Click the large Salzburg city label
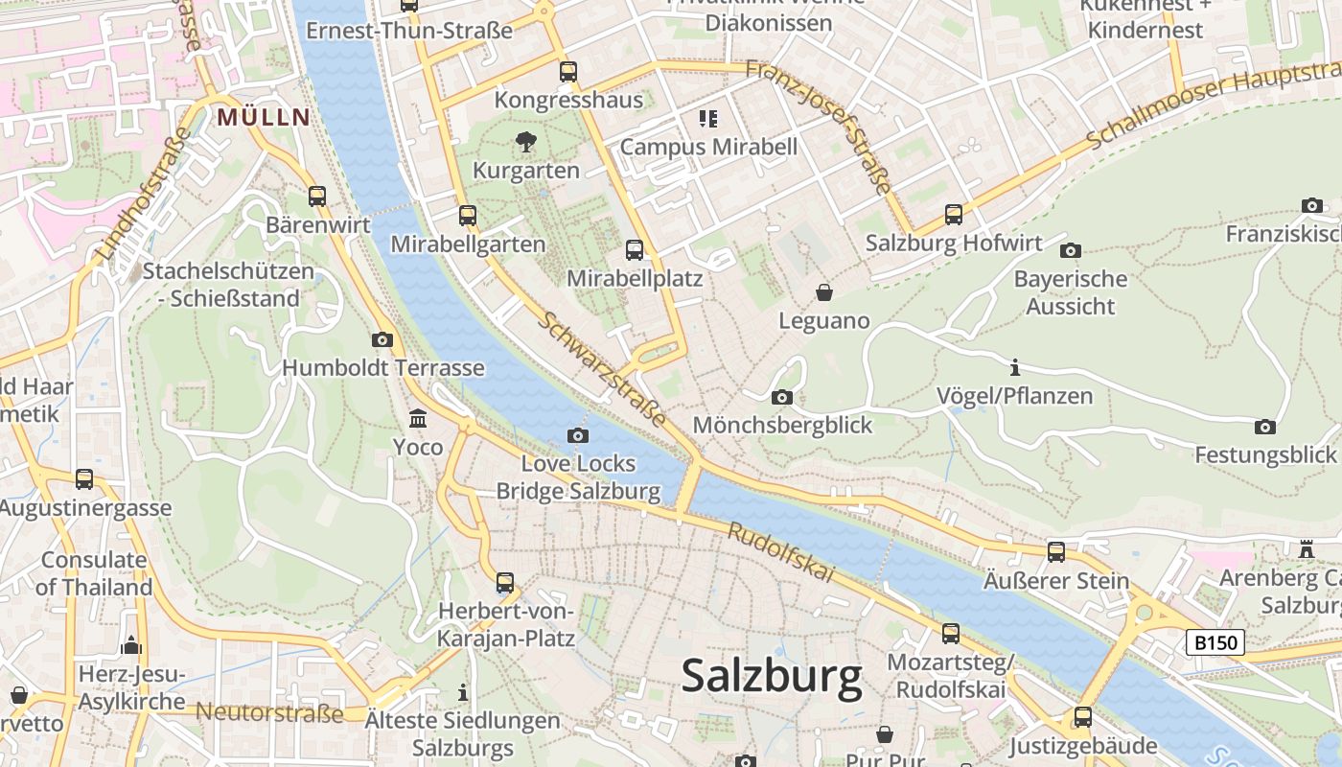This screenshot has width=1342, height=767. tap(772, 677)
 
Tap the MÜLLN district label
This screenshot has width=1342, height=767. tap(264, 118)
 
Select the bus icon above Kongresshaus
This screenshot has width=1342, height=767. tap(568, 72)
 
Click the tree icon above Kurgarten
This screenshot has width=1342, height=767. tap(525, 143)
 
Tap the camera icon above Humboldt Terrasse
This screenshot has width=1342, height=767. tap(382, 339)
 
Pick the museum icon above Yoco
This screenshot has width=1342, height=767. tap(418, 419)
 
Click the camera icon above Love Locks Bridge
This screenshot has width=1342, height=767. tap(577, 435)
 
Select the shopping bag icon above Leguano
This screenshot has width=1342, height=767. tap(823, 292)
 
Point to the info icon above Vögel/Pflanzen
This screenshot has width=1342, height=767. tap(1014, 367)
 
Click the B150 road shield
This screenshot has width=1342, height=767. tap(1215, 642)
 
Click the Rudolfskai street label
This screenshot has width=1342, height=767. tap(780, 553)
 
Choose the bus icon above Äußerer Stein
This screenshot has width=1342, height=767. tap(1055, 552)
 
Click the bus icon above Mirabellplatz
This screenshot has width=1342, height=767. tap(634, 250)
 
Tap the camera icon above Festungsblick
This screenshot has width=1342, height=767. tap(1264, 427)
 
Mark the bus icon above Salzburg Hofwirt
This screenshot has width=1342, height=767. tap(953, 215)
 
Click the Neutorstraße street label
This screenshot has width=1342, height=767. tap(269, 713)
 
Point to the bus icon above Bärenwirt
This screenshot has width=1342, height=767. tap(317, 197)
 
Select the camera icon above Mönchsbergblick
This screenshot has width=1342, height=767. tap(781, 397)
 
